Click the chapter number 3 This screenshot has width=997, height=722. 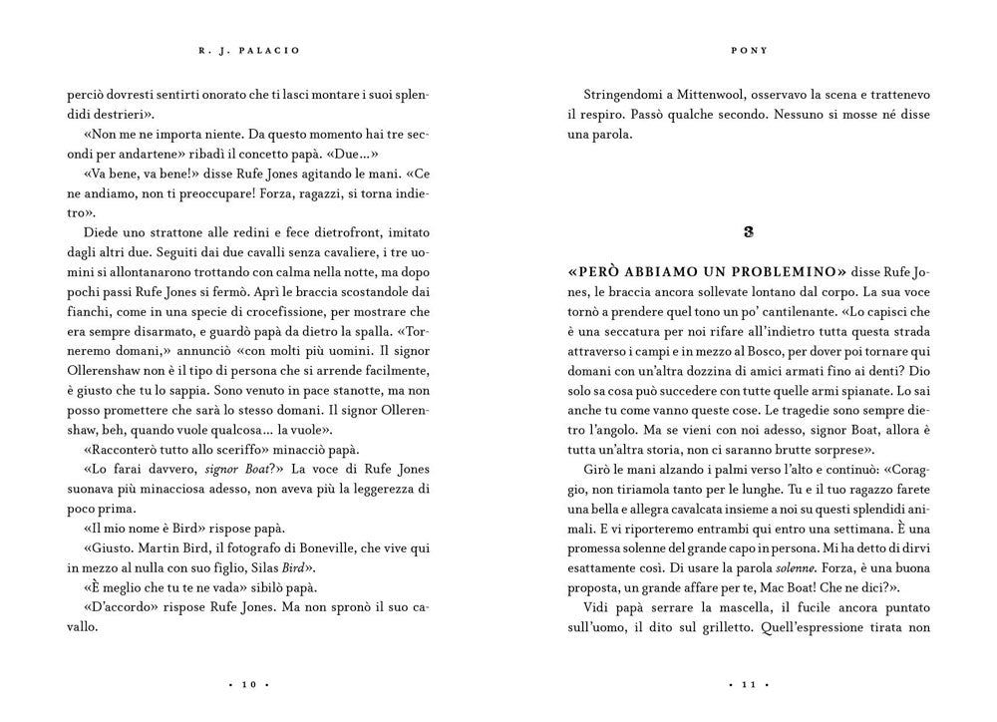click(749, 232)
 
